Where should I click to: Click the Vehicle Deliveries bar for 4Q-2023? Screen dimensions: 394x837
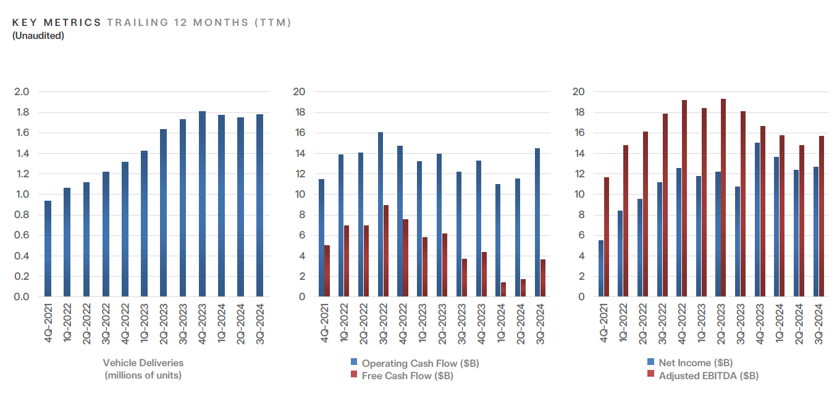coord(202,204)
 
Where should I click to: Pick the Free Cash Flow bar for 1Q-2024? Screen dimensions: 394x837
coord(503,290)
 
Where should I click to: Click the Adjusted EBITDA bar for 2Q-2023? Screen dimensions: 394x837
coord(723,198)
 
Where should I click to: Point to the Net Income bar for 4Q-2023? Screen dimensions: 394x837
coord(757,220)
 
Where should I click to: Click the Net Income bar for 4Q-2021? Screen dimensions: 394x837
coord(601,269)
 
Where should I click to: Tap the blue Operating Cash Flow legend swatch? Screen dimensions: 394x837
coord(354,363)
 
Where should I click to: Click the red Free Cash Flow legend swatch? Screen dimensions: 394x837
coord(354,375)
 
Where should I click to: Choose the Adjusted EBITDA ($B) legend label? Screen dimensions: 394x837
coord(709,375)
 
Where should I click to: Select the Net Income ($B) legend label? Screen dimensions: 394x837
coord(696,363)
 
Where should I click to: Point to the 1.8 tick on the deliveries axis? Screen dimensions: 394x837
coord(22,112)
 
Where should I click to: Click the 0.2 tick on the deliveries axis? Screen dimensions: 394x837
coord(22,277)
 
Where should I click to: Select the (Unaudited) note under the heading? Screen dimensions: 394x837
coord(38,36)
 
